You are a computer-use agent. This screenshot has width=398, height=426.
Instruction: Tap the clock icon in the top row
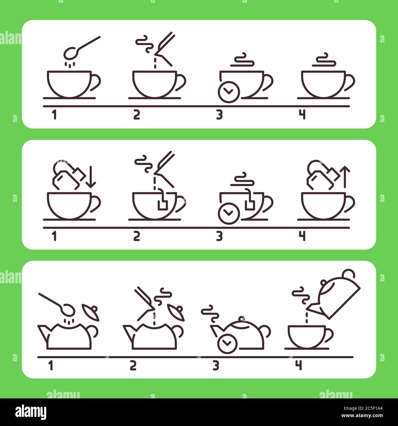tap(228, 92)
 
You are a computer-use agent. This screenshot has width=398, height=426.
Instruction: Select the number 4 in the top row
tap(302, 115)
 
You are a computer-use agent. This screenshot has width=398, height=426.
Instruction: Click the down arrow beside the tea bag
tap(91, 177)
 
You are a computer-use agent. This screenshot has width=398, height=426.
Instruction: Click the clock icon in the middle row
tap(228, 213)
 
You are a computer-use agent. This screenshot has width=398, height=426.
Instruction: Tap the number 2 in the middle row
tap(137, 236)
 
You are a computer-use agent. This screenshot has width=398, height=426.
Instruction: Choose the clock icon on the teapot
tap(227, 344)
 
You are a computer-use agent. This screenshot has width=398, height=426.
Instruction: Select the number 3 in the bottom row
tap(216, 366)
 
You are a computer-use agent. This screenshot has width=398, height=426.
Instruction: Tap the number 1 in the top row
tap(54, 115)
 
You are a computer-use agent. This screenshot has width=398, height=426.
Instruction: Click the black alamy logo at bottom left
tap(31, 412)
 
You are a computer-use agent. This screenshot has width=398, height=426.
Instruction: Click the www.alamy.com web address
tap(362, 416)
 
